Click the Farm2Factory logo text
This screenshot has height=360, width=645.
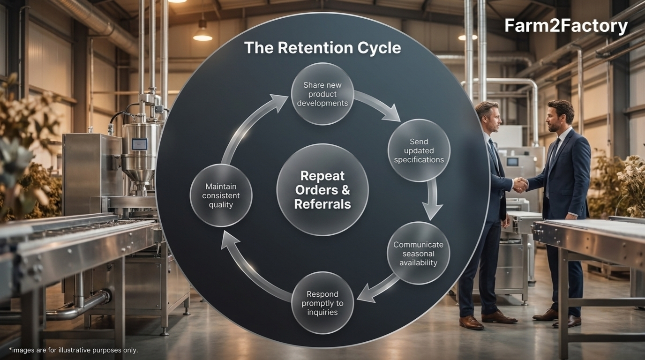tap(566, 26)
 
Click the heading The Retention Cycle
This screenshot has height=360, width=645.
tap(322, 48)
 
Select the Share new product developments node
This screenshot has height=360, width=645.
tap(322, 94)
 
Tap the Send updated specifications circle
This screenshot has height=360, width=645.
tap(419, 150)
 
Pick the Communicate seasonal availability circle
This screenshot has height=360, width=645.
tap(419, 254)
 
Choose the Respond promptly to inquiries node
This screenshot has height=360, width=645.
tap(322, 303)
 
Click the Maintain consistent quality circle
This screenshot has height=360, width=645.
tap(221, 195)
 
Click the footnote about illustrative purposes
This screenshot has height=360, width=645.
tap(74, 350)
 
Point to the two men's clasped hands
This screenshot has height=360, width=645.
tap(520, 185)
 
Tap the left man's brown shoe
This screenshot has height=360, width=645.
tap(471, 322)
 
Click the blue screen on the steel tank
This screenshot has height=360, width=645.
tap(139, 144)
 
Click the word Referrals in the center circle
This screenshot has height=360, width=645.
tap(322, 204)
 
